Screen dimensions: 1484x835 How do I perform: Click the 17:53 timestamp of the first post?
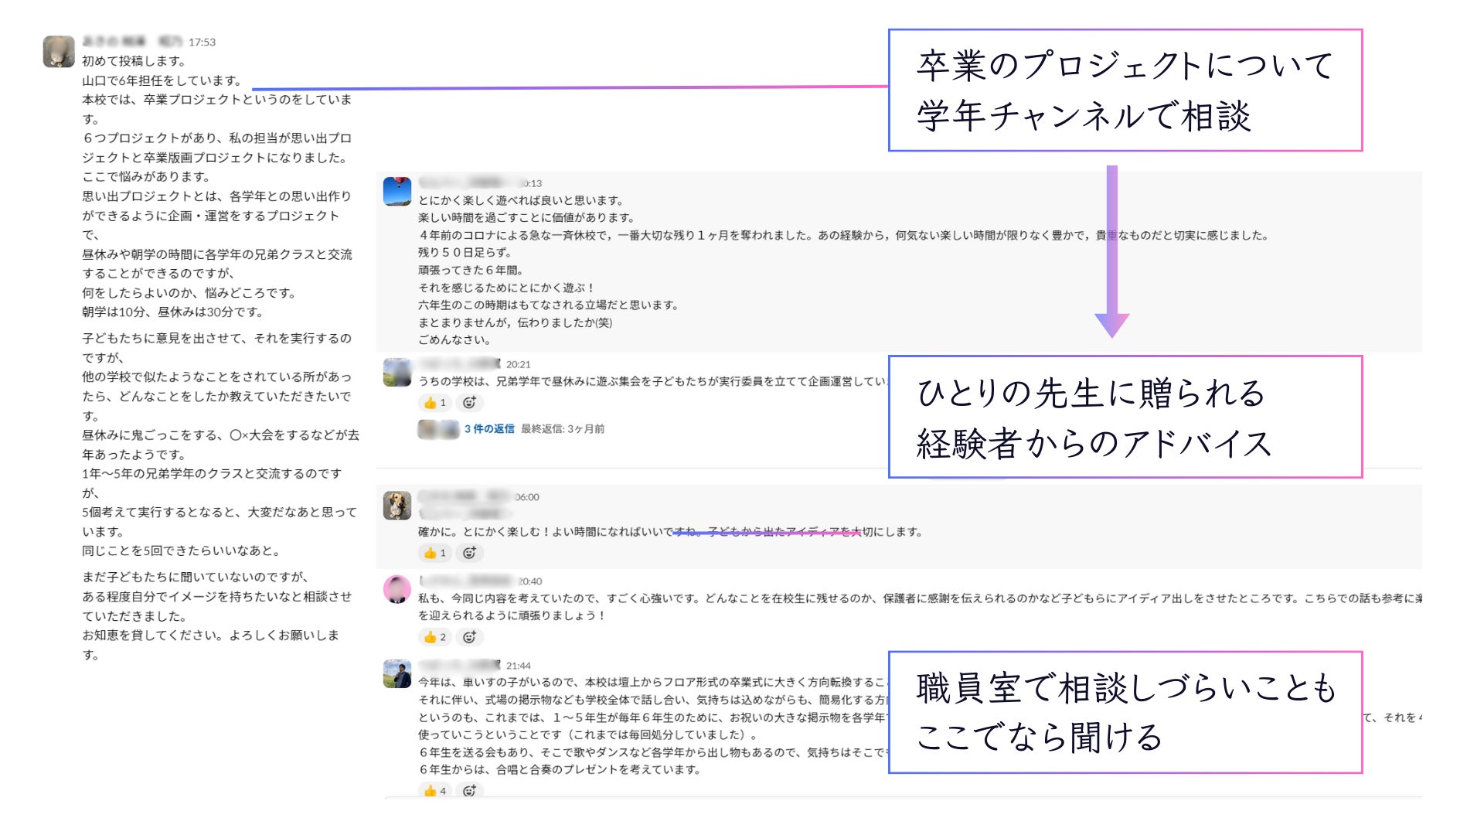(x=202, y=43)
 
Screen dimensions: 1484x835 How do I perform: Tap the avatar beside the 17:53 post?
(x=59, y=52)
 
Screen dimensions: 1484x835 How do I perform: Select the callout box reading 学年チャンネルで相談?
(x=1125, y=90)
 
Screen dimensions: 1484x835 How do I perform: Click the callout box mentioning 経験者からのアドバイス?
(x=1125, y=417)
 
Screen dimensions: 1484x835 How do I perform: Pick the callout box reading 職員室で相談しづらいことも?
(x=1125, y=712)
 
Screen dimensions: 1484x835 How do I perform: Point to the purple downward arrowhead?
(x=1111, y=325)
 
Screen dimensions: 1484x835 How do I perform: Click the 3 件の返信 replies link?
(x=489, y=429)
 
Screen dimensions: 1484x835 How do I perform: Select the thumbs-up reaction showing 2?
(x=434, y=637)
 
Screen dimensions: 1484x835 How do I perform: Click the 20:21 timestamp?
(x=518, y=365)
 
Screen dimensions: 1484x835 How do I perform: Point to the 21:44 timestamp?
(x=518, y=666)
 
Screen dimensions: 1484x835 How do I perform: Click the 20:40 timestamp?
(x=529, y=581)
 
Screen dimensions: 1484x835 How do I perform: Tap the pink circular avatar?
(x=397, y=589)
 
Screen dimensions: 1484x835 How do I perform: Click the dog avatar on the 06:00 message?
(x=397, y=506)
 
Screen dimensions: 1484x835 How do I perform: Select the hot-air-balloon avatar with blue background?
(x=397, y=191)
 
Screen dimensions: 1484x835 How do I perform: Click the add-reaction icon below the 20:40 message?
(x=469, y=637)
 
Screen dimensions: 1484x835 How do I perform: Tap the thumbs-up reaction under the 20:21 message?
(x=434, y=403)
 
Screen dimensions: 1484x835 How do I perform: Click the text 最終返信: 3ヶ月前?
(x=563, y=429)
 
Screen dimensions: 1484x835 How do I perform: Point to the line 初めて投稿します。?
(x=134, y=61)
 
